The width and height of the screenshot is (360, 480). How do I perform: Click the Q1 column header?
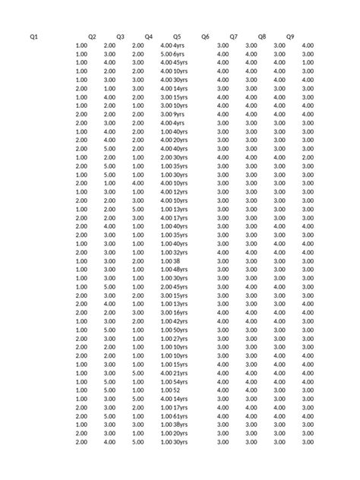[33, 36]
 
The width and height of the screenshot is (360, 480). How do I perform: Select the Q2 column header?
[92, 36]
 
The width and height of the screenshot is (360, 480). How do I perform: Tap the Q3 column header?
[120, 36]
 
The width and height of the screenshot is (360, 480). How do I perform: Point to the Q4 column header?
[148, 36]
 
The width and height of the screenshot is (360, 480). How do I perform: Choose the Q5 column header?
[177, 36]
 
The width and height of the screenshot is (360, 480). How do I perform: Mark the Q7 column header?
[233, 36]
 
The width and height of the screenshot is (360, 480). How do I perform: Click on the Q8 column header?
[262, 36]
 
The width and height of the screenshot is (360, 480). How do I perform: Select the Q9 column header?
[290, 36]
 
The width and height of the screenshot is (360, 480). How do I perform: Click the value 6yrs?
[179, 55]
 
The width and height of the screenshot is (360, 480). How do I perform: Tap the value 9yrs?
[179, 114]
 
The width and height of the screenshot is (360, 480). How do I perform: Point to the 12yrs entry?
[181, 191]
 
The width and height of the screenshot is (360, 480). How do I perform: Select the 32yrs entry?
[181, 252]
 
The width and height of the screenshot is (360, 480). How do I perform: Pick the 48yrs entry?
[181, 270]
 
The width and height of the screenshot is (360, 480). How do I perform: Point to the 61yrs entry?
[181, 416]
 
